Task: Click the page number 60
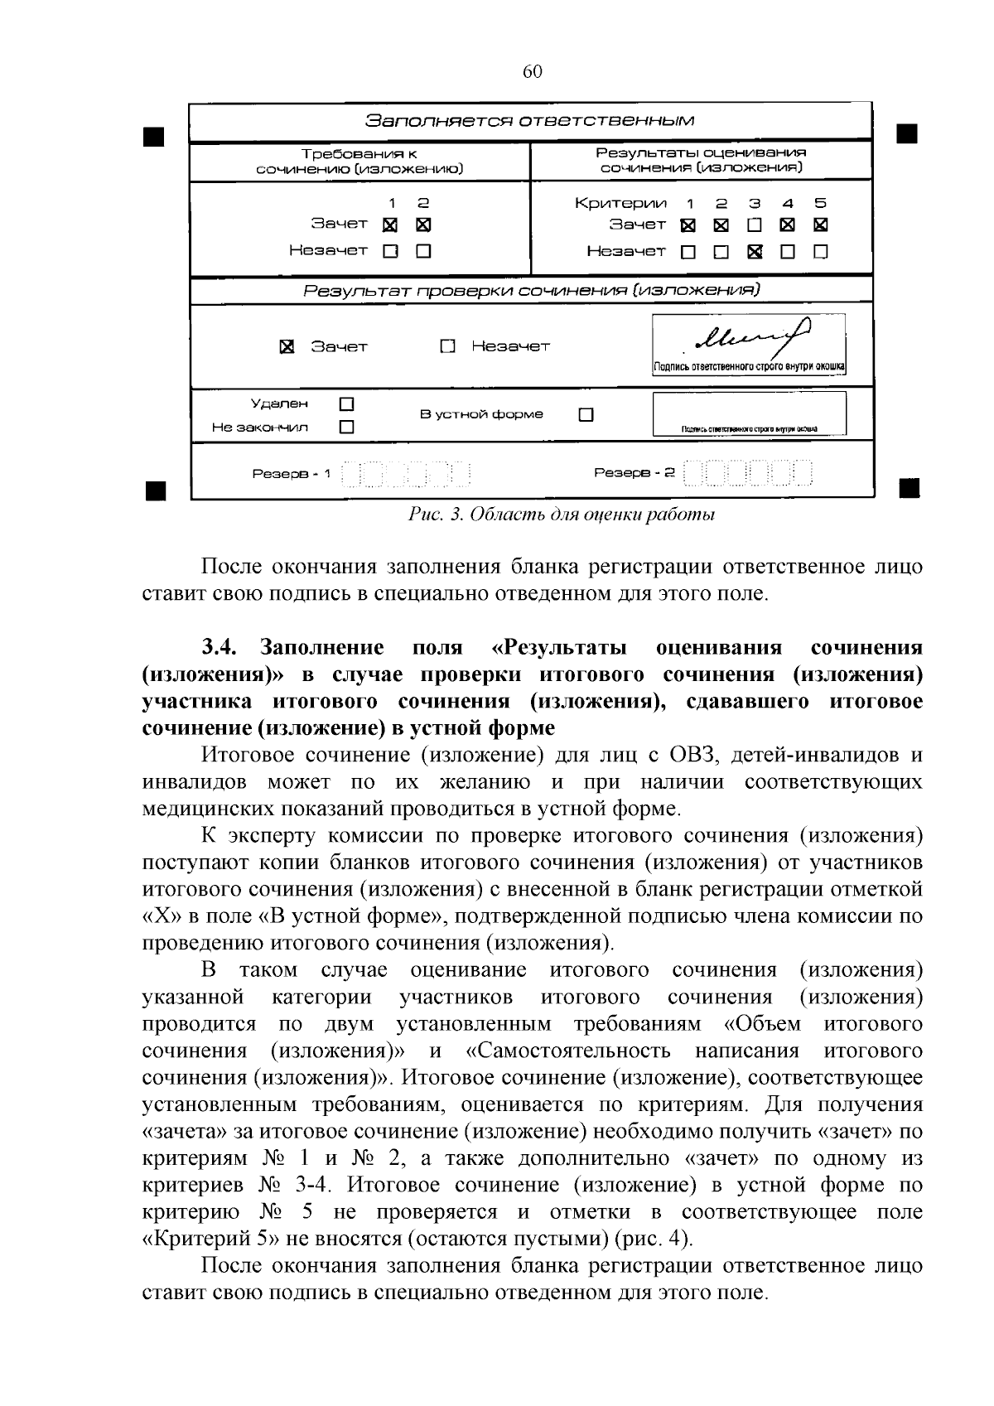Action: point(532,72)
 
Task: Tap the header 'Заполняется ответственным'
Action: point(530,121)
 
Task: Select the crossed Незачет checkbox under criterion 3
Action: point(754,251)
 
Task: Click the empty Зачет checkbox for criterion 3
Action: point(754,225)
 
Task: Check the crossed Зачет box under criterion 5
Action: point(821,225)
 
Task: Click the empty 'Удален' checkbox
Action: point(347,404)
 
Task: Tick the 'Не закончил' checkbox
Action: point(347,428)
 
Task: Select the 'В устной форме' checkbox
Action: point(586,414)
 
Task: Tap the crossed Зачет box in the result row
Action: point(287,346)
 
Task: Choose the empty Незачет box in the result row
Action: point(448,346)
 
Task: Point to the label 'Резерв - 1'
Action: point(291,474)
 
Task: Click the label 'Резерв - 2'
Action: point(635,473)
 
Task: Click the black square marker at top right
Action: point(908,133)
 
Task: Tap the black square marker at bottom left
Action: point(154,489)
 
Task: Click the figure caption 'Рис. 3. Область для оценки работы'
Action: point(562,515)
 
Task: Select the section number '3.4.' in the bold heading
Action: point(221,647)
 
